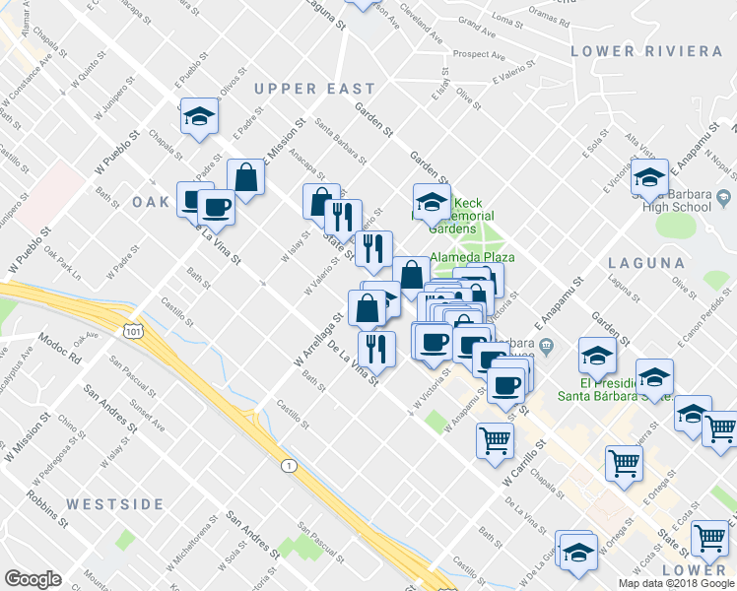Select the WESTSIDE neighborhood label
click(115, 504)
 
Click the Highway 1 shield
click(287, 464)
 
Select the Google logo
click(33, 579)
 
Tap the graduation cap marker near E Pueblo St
click(199, 116)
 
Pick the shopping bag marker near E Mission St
click(245, 178)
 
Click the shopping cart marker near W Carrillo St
click(495, 439)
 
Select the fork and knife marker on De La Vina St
click(375, 348)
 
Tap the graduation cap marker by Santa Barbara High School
click(649, 177)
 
